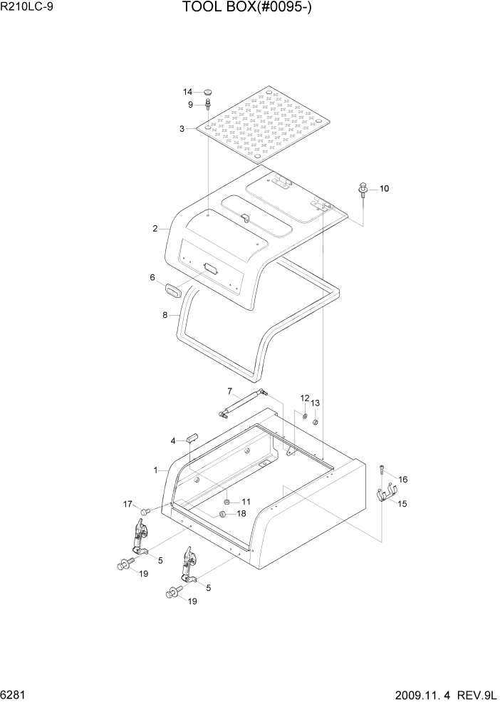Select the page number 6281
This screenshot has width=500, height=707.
point(15,693)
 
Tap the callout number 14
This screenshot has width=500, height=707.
point(188,92)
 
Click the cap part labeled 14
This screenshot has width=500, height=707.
point(208,92)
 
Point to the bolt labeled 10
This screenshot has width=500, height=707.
point(364,190)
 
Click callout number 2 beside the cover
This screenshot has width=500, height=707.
point(155,229)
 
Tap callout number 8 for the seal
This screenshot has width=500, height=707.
point(165,314)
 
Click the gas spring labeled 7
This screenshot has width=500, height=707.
point(244,403)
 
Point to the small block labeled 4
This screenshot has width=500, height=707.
point(192,438)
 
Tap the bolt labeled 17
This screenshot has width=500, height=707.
point(145,510)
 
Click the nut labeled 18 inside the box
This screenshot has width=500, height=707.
point(222,514)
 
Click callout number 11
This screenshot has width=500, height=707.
point(246,502)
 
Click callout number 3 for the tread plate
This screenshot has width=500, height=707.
point(182,129)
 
